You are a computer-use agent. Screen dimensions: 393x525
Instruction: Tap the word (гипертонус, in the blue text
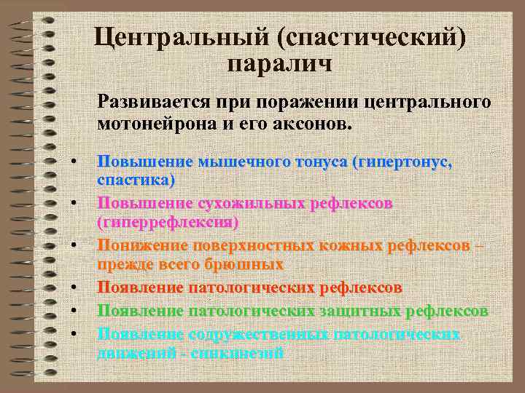coord(402,162)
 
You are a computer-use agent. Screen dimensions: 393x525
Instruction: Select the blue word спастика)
coord(136,179)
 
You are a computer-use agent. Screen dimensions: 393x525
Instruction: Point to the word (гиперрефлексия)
coord(168,221)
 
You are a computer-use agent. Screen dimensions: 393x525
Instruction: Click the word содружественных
coord(258,335)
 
